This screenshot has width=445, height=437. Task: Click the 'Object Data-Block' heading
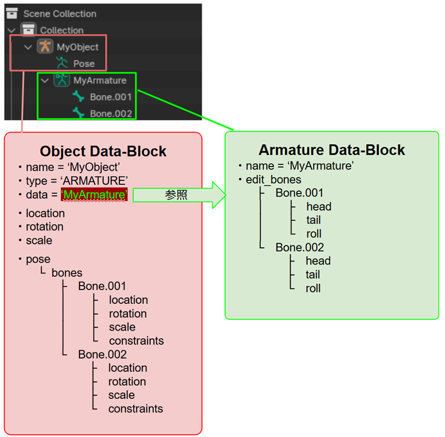[x=103, y=151]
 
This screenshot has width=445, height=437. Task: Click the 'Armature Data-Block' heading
[x=332, y=150]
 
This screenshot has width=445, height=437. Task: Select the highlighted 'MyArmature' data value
[x=94, y=195]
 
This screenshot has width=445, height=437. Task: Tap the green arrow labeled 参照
[x=179, y=195]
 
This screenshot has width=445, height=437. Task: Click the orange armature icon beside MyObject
[x=45, y=47]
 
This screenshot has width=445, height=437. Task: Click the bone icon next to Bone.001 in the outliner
[x=78, y=96]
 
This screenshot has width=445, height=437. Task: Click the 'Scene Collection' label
[x=60, y=13]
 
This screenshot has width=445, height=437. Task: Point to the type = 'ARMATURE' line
[x=77, y=181]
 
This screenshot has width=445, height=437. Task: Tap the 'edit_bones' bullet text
[x=273, y=180]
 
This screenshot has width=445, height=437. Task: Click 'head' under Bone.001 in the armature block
[x=319, y=207]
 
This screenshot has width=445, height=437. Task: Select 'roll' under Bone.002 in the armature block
[x=313, y=288]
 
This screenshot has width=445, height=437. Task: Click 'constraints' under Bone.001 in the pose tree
[x=136, y=341]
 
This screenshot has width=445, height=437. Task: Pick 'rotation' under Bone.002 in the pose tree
[x=127, y=382]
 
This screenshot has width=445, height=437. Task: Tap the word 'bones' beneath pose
[x=67, y=273]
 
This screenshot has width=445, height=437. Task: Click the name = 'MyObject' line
[x=73, y=167]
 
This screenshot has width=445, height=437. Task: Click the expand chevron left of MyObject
[x=28, y=47]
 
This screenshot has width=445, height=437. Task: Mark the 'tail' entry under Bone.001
[x=314, y=220]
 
